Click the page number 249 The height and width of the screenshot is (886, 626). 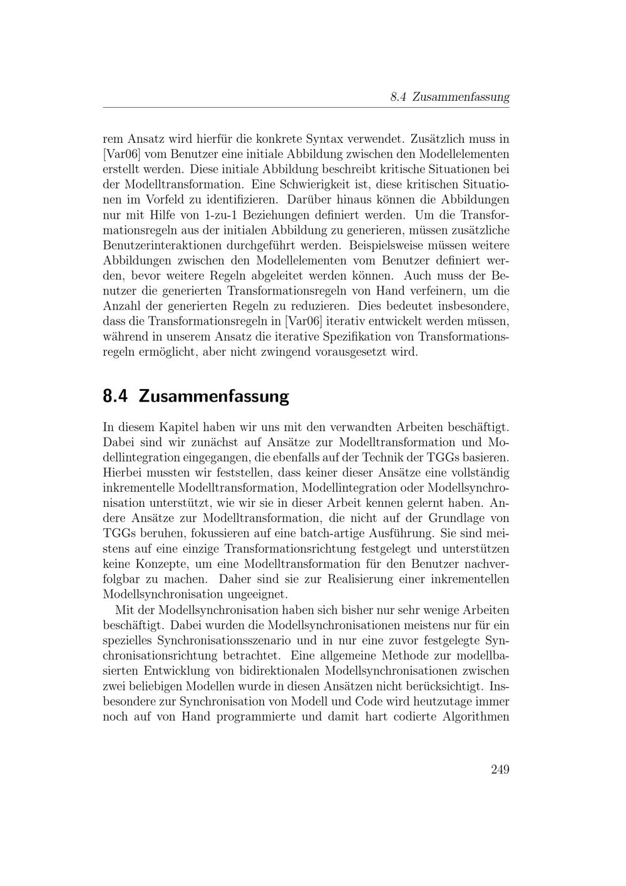pyautogui.click(x=500, y=769)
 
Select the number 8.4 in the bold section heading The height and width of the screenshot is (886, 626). pyautogui.click(x=116, y=397)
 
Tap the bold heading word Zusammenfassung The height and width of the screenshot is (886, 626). pyautogui.click(x=213, y=397)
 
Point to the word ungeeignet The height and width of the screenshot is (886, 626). pyautogui.click(x=257, y=594)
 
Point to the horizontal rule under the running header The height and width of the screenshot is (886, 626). pyautogui.click(x=306, y=108)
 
